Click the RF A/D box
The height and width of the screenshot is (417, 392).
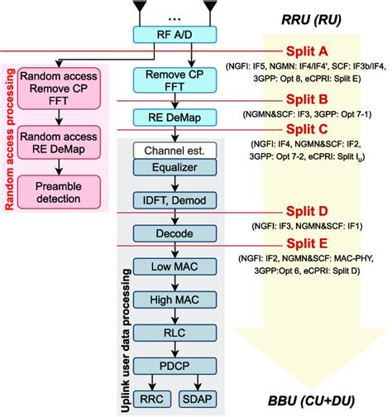(174, 35)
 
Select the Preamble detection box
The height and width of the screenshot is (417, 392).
(59, 192)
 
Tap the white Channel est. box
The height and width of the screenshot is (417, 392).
(174, 151)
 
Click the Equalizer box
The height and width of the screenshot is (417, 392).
(174, 167)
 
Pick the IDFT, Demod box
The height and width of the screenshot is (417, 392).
(174, 200)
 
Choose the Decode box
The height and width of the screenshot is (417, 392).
(174, 233)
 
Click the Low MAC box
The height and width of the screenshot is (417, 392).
(174, 266)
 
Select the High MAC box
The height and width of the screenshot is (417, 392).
(174, 300)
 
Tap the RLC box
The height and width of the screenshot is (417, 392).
(174, 333)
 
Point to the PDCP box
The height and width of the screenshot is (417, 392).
(174, 366)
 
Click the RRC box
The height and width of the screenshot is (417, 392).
(152, 399)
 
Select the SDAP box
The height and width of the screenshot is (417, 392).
(198, 399)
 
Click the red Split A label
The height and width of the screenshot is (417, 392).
(307, 51)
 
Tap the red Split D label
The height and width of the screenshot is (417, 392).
(307, 211)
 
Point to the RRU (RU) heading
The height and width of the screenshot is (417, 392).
(311, 20)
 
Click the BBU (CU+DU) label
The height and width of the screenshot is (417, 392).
(311, 401)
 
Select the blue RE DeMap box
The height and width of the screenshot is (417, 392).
(174, 117)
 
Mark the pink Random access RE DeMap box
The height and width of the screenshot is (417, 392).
(59, 142)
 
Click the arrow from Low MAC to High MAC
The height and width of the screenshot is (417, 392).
(175, 283)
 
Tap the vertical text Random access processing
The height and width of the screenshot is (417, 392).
(9, 139)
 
